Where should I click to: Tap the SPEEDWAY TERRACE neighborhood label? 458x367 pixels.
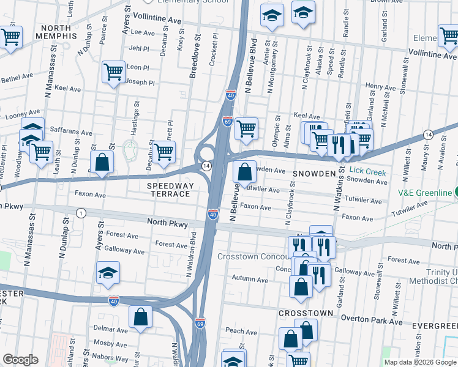point(170,190)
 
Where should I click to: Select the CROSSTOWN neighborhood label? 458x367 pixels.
point(306,313)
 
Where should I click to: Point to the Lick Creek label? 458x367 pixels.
point(368,172)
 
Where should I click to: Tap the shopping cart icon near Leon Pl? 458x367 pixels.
point(113,72)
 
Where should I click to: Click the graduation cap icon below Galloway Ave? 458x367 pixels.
point(108,273)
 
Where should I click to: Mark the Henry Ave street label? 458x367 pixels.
point(380,87)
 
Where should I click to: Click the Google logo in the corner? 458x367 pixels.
point(20,360)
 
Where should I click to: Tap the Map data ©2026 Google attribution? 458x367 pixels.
point(419,362)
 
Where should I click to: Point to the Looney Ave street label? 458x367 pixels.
point(22,115)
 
